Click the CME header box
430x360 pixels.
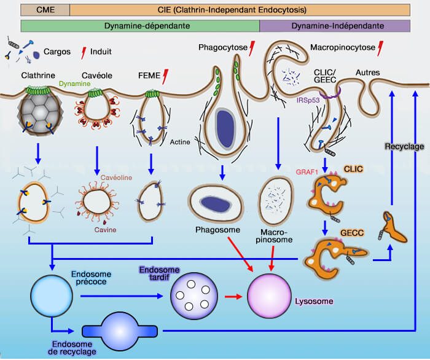coord(45,9)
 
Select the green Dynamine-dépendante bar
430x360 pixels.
coord(140,26)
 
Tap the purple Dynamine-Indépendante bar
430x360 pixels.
coord(335,26)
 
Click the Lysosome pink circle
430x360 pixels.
coord(271,294)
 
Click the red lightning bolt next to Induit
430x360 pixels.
coord(84,52)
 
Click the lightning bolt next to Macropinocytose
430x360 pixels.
coord(381,47)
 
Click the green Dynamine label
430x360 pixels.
coord(75,84)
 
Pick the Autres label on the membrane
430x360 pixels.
coord(367,72)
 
